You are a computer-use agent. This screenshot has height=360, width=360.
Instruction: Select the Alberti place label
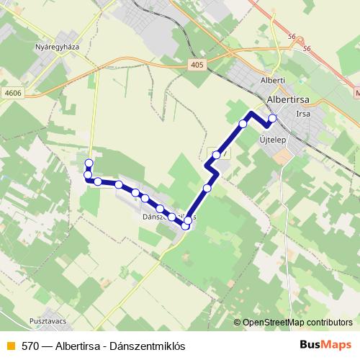pos(274,81)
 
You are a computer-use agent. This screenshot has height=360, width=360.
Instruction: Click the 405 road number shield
pos(198,65)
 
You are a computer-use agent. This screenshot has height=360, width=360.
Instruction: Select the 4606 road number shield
pos(12,93)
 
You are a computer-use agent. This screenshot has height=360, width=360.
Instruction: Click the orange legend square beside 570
pos(9,346)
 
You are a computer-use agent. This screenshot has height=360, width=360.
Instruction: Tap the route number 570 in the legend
pos(30,346)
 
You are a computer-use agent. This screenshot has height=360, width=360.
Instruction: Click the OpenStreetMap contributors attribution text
pos(297,323)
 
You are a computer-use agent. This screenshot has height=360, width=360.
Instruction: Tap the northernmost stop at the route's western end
pos(89,162)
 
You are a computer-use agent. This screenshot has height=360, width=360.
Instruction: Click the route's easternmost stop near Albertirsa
pos(272,118)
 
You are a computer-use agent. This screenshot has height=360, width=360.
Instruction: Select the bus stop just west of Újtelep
pos(243,124)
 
